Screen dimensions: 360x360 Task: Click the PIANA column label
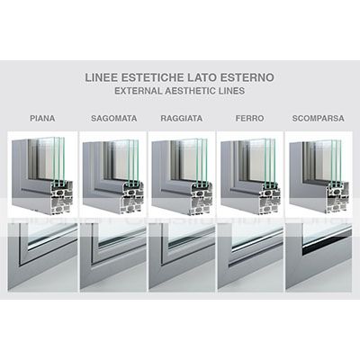[42, 118]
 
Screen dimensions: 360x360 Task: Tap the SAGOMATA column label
[114, 118]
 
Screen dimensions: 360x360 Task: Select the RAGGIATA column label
[182, 118]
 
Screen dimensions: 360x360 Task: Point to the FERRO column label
[249, 118]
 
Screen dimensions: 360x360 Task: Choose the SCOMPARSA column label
[318, 118]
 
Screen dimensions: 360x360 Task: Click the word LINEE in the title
[102, 77]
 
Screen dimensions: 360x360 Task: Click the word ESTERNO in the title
[247, 77]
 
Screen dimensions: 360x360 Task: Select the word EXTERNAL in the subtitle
[138, 91]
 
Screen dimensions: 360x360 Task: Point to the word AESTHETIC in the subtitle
[191, 91]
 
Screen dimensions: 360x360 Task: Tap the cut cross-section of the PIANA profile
[62, 197]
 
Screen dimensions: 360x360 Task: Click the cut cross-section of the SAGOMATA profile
[132, 197]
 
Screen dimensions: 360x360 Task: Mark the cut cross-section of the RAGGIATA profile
[202, 197]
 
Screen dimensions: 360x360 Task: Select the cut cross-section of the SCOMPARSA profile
[337, 197]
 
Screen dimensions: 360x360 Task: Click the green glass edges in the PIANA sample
[58, 158]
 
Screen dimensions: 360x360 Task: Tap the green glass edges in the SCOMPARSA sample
[336, 160]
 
